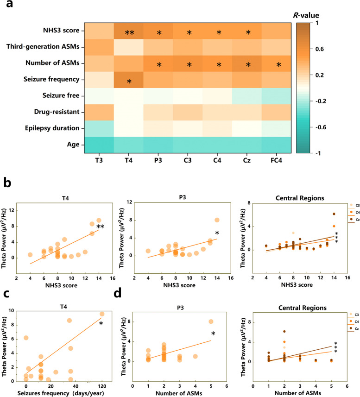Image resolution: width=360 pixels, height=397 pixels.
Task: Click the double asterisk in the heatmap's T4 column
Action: pos(129,33)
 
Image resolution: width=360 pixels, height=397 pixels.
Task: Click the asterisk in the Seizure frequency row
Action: pos(129,82)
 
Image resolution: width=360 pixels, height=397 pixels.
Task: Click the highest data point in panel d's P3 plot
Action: pos(211,308)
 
